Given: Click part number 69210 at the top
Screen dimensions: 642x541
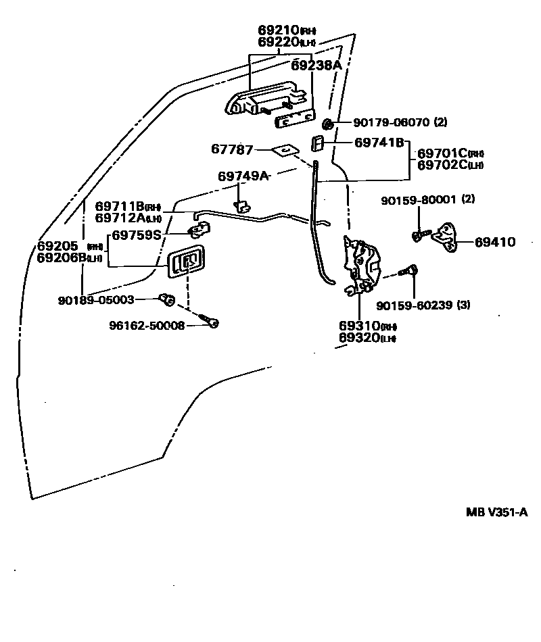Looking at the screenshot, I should coord(279,30).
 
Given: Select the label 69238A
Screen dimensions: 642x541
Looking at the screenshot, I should coord(316,65).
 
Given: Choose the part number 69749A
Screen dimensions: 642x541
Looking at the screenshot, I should coord(243,176).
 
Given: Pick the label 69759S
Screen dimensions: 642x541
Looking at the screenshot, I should coord(137,235).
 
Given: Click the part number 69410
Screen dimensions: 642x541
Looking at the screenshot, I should coord(495,241).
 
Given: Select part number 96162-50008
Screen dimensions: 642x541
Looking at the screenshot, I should coord(147,325).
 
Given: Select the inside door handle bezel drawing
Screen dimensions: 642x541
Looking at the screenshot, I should coord(186,262).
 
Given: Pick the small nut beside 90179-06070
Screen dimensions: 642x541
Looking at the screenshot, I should coord(327,123).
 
